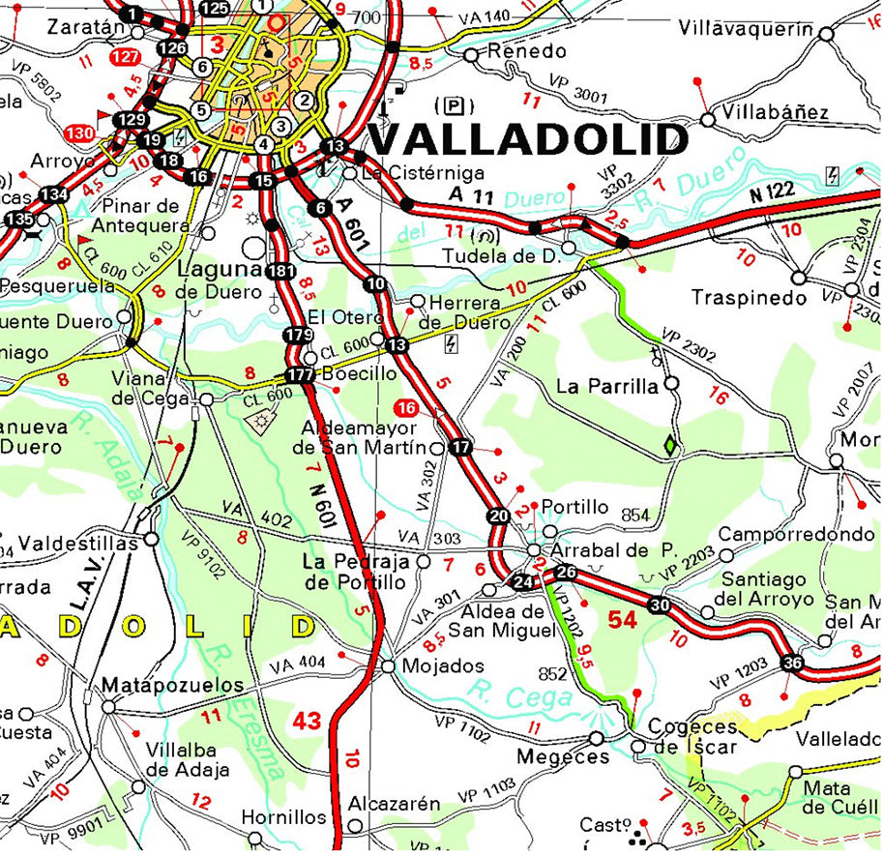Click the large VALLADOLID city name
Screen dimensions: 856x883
529,139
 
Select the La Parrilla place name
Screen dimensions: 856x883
606,386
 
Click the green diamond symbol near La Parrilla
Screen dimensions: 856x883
669,446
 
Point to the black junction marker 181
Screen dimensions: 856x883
280,271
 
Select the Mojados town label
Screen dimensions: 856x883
442,666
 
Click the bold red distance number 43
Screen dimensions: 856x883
308,721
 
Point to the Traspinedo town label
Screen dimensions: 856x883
749,297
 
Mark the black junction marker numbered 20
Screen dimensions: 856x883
499,516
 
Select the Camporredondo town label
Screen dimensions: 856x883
796,534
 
